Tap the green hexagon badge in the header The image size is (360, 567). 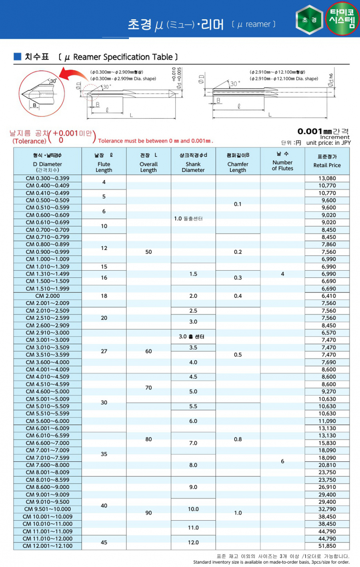tap(310, 19)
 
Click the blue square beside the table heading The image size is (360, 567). tap(17, 56)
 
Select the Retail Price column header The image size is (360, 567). tap(327, 161)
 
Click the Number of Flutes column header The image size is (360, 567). tap(282, 162)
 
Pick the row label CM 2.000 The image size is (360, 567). tap(48, 296)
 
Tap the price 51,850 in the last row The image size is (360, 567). tap(327, 546)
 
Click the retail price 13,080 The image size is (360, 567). tap(327, 178)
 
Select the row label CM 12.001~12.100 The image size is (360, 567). tap(48, 546)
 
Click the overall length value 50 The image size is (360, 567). tap(148, 252)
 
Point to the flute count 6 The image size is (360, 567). tap(282, 461)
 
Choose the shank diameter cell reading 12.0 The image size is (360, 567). tap(193, 542)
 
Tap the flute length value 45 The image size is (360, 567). tap(104, 542)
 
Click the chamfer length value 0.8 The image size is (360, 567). tap(238, 439)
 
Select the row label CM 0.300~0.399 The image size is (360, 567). tap(48, 178)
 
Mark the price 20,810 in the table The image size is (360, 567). tap(327, 465)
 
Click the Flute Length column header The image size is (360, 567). tap(104, 164)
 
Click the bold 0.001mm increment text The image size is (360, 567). tap(315, 131)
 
